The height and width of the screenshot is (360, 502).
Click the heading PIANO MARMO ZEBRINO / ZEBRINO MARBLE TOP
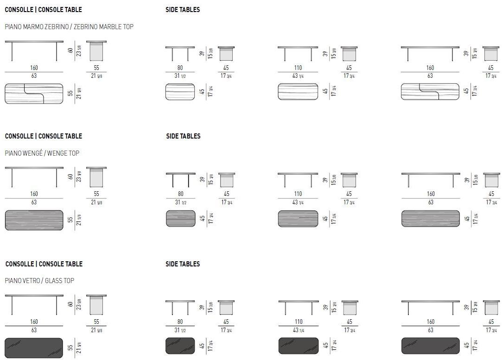pyautogui.click(x=69, y=27)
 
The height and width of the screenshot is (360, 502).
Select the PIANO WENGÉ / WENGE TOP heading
pyautogui.click(x=42, y=153)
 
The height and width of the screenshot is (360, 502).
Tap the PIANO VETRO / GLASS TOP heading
pyautogui.click(x=39, y=281)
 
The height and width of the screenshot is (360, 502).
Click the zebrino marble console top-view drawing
pyautogui.click(x=34, y=93)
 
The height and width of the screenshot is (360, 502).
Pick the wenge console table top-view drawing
pyautogui.click(x=34, y=220)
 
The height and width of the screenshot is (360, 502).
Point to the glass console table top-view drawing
pyautogui.click(x=34, y=347)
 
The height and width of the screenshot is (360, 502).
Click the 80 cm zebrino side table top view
pyautogui.click(x=180, y=92)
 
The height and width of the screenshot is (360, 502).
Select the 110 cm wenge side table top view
pyautogui.click(x=298, y=219)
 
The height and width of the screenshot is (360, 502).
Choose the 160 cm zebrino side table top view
pyautogui.click(x=430, y=92)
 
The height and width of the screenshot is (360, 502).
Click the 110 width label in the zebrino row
pyautogui.click(x=298, y=68)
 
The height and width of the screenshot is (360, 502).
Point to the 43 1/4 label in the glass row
pyautogui.click(x=299, y=330)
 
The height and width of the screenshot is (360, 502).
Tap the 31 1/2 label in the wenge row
pyautogui.click(x=180, y=202)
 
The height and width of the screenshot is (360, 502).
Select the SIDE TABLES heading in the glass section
pyautogui.click(x=183, y=264)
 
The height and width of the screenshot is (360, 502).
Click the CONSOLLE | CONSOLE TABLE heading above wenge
pyautogui.click(x=44, y=136)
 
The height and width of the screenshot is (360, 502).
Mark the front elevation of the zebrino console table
pyautogui.click(x=34, y=51)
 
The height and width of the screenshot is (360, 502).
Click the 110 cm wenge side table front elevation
pyautogui.click(x=298, y=180)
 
